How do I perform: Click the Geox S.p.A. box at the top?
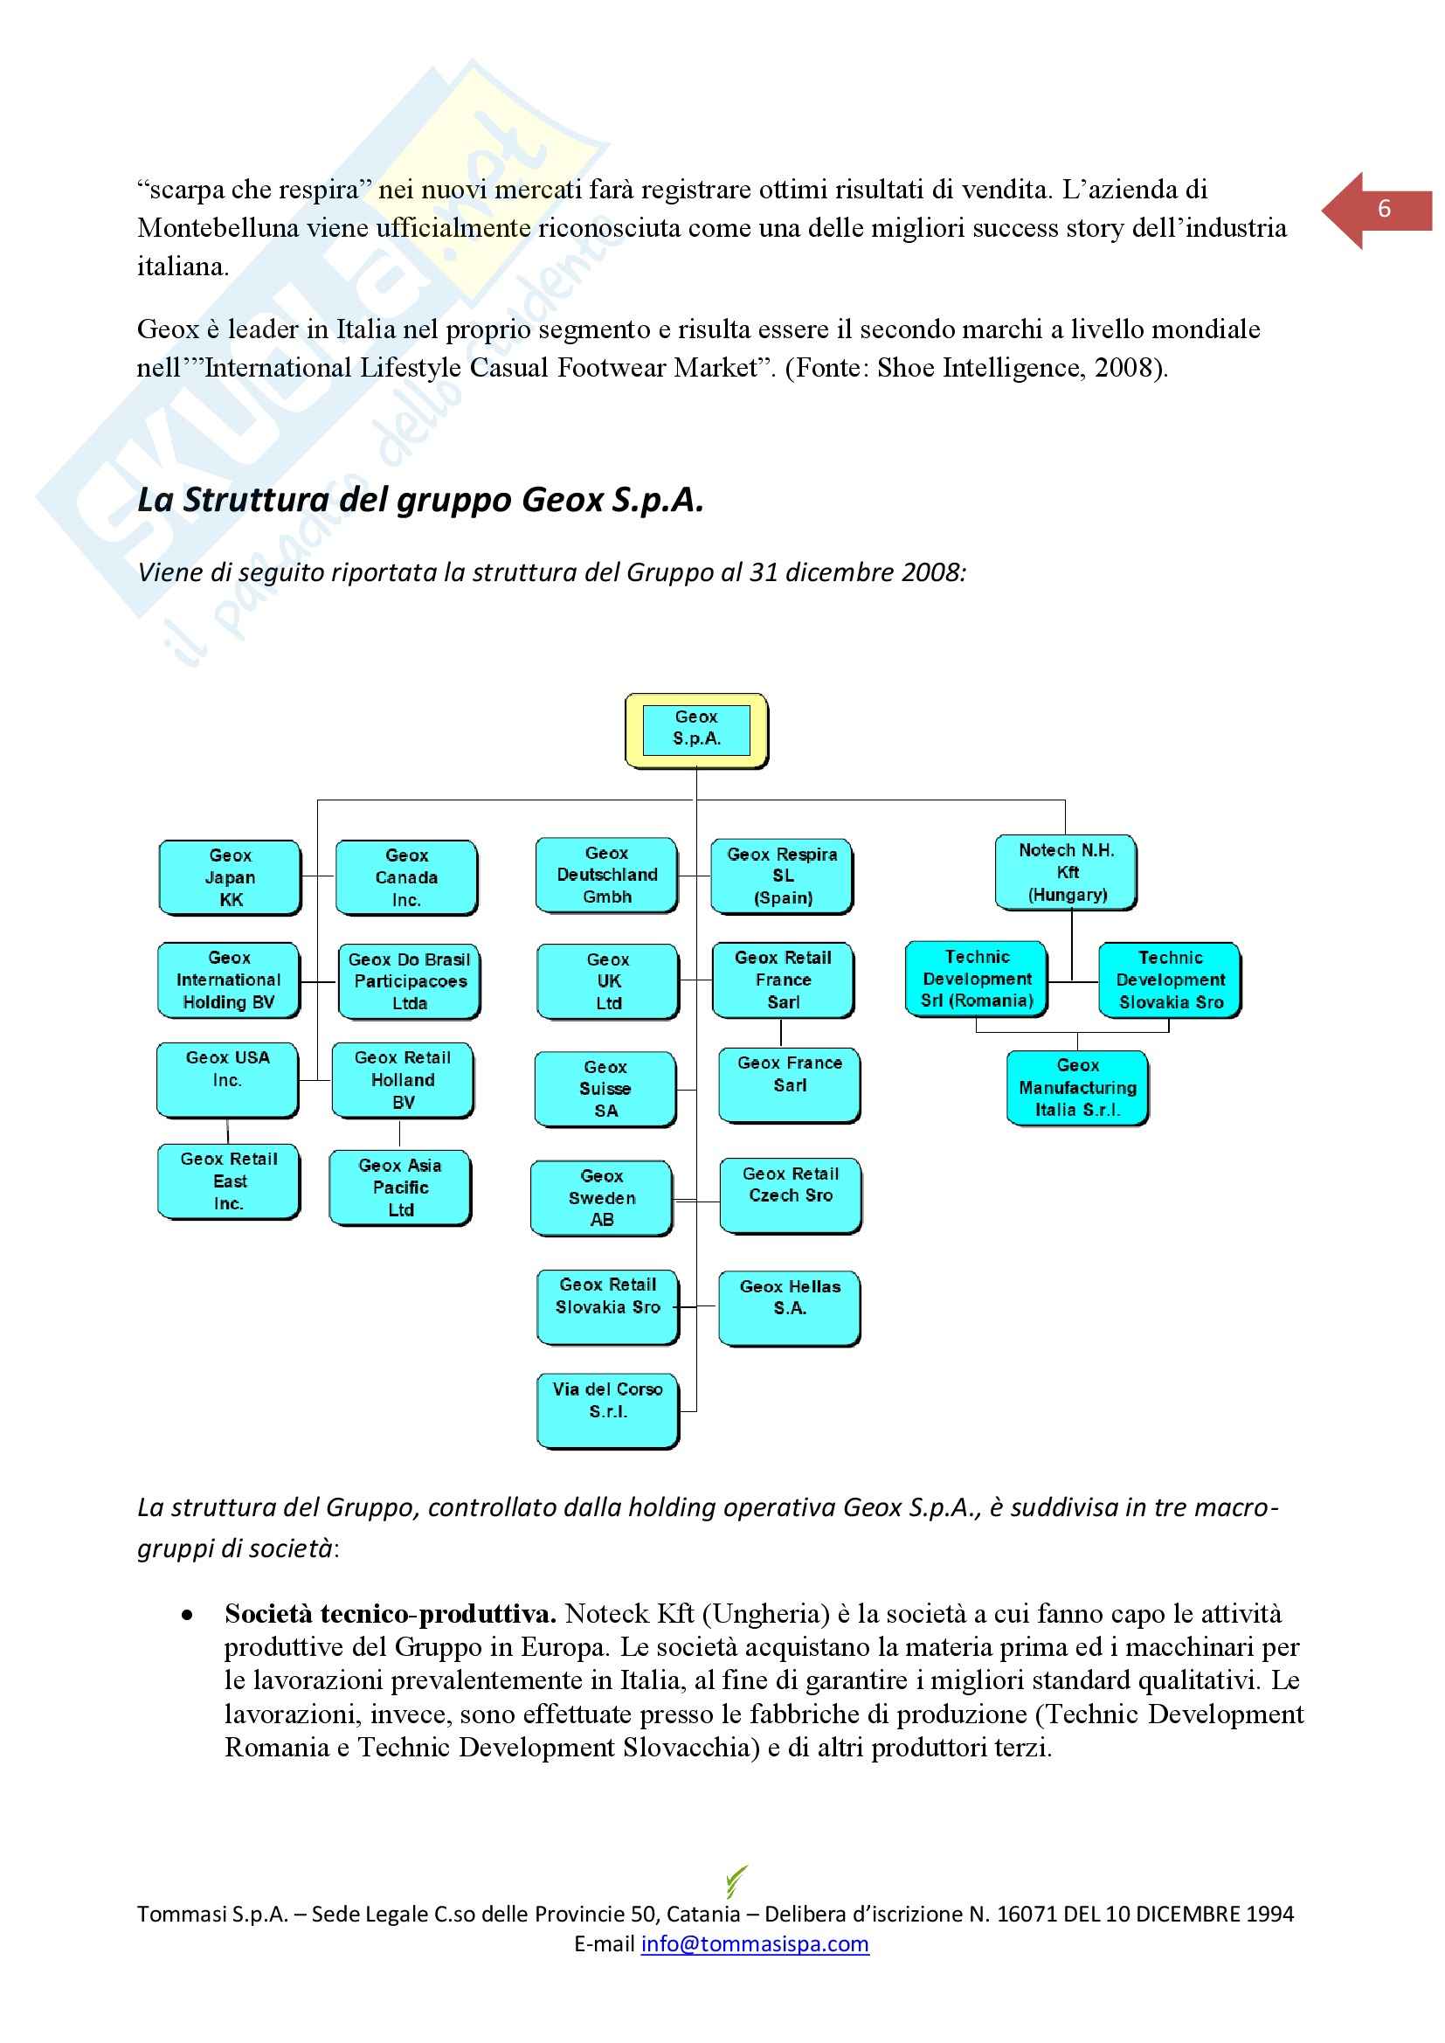point(695,730)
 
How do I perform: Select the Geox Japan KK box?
point(230,877)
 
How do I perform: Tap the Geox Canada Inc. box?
point(405,877)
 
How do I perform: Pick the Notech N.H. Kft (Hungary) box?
point(1065,872)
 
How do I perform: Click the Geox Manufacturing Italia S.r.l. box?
point(1076,1087)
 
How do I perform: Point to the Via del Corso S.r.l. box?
point(607,1410)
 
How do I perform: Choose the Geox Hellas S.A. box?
point(789,1307)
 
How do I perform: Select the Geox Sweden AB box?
point(601,1198)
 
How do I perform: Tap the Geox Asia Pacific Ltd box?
point(400,1188)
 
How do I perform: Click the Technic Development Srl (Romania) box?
point(976,979)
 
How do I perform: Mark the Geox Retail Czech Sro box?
point(790,1195)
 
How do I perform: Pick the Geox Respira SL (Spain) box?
point(782,876)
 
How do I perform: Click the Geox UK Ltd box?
point(608,981)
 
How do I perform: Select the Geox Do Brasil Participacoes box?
point(409,981)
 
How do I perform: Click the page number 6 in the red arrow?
point(1383,210)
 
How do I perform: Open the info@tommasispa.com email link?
point(755,1943)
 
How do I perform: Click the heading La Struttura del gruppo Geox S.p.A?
point(420,500)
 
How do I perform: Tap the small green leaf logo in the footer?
point(736,1880)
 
